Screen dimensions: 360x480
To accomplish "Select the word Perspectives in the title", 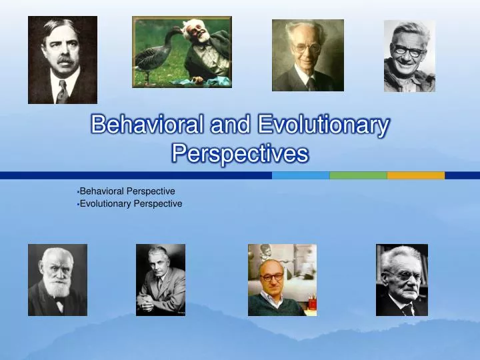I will [240, 153].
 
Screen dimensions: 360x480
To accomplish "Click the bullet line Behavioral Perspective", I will [127, 191].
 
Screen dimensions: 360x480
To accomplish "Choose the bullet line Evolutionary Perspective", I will [131, 203].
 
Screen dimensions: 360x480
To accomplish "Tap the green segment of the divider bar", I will [358, 175].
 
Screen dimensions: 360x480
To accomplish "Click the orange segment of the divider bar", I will [415, 175].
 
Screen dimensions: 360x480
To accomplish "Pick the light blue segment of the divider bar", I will [301, 175].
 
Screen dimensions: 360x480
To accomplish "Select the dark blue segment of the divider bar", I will [133, 175].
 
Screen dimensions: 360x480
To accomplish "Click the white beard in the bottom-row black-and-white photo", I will [57, 288].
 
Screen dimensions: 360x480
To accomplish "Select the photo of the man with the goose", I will [182, 51].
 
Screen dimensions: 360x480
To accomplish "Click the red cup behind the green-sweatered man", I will [311, 303].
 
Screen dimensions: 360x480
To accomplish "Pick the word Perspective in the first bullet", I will [151, 191].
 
